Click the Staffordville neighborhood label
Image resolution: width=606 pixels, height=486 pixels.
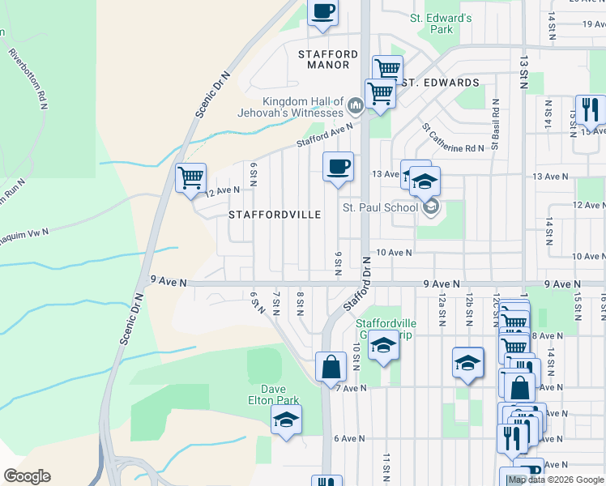pyautogui.click(x=275, y=215)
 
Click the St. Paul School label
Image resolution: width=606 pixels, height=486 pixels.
pyautogui.click(x=380, y=207)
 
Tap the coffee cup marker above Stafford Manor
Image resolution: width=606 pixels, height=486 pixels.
pyautogui.click(x=323, y=11)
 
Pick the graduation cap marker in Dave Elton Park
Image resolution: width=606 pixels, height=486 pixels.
pyautogui.click(x=285, y=419)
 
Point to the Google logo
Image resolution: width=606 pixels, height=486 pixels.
pyautogui.click(x=27, y=476)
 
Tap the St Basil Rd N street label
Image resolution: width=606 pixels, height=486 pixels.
pyautogui.click(x=496, y=126)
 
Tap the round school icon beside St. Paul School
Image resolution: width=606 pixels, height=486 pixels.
pyautogui.click(x=431, y=207)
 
